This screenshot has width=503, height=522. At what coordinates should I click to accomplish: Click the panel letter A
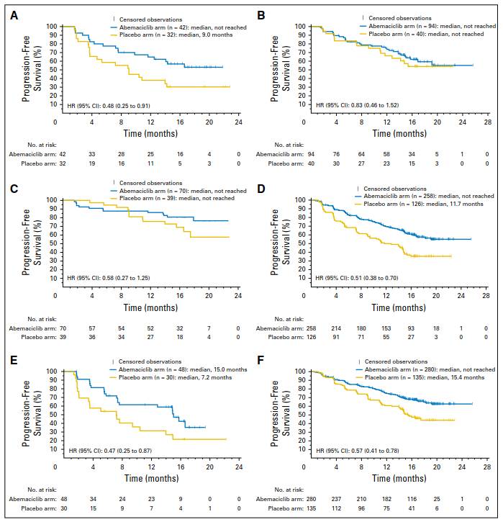(x=12, y=13)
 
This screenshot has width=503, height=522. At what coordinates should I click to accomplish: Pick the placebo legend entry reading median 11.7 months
(x=425, y=205)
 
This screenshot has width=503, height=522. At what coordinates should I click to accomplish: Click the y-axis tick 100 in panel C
(x=52, y=199)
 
